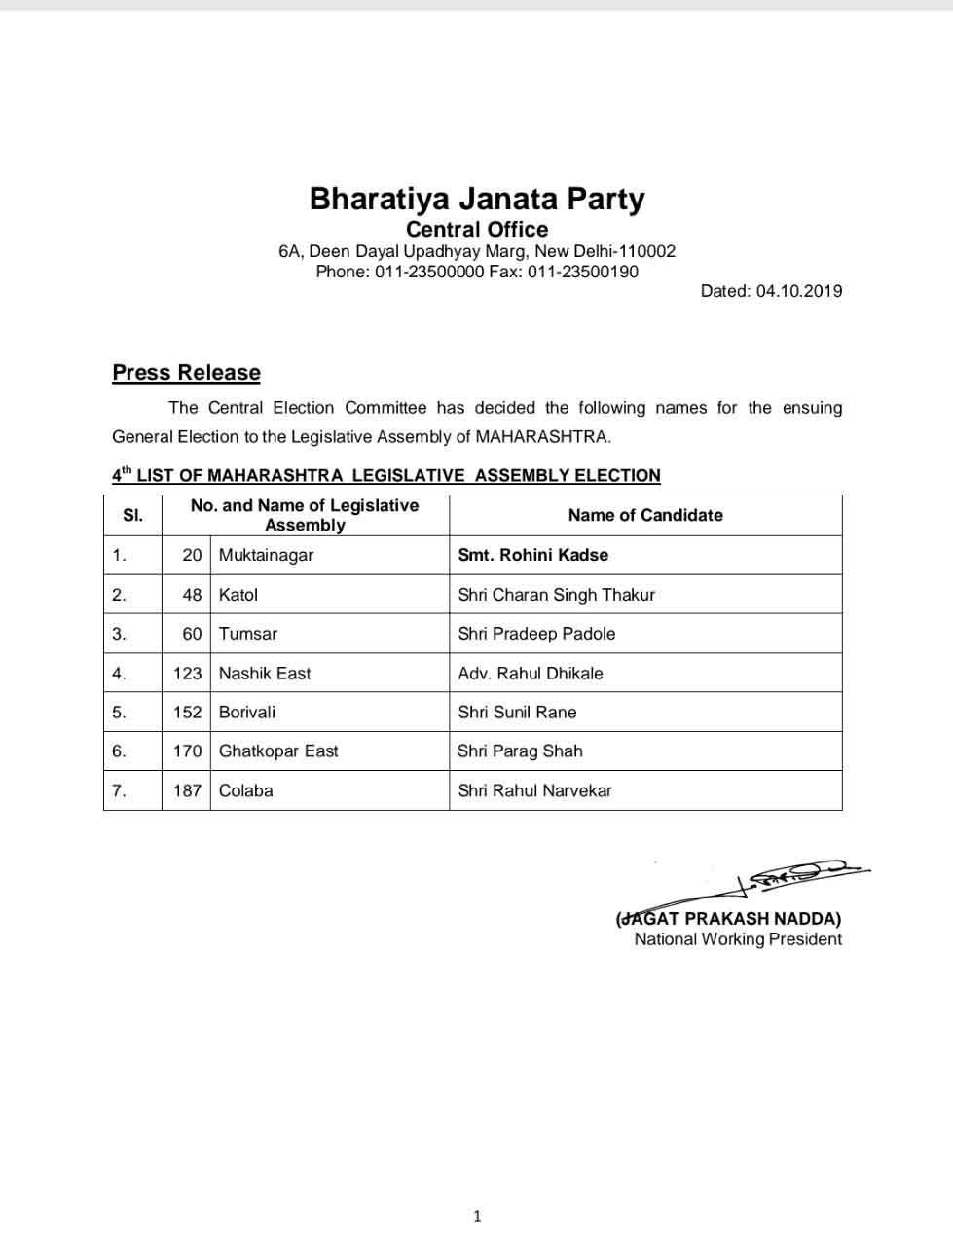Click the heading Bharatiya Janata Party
pos(477,199)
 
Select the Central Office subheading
pos(477,230)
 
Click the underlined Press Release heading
pos(186,373)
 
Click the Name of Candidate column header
pos(645,515)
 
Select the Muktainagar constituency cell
pos(266,555)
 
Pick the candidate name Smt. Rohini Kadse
pos(532,555)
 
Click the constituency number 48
pos(192,595)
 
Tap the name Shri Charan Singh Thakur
pos(556,595)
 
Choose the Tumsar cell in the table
pos(247,634)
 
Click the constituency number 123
pos(187,673)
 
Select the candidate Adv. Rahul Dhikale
pos(531,673)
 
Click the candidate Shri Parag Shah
pos(520,751)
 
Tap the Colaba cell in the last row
pos(245,790)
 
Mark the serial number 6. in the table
pos(119,751)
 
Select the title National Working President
pos(738,939)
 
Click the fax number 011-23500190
pos(583,272)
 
